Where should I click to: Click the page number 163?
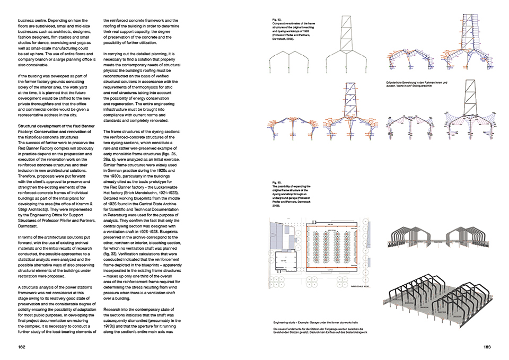[x=487, y=347]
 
